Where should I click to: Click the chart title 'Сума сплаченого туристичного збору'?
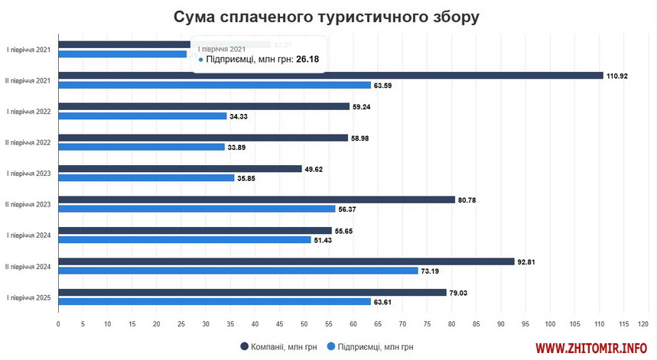point(327,17)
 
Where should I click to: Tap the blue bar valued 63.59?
point(214,85)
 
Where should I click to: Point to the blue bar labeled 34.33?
point(142,116)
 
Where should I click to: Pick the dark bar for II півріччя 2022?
point(203,138)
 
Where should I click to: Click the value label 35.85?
point(247,178)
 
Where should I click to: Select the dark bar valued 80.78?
point(256,199)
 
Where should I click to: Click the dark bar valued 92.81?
point(286,261)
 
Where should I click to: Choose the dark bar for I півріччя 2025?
point(252,292)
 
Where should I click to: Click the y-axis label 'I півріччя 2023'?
point(28,174)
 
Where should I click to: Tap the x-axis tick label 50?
point(304,323)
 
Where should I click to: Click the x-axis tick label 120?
point(643,323)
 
